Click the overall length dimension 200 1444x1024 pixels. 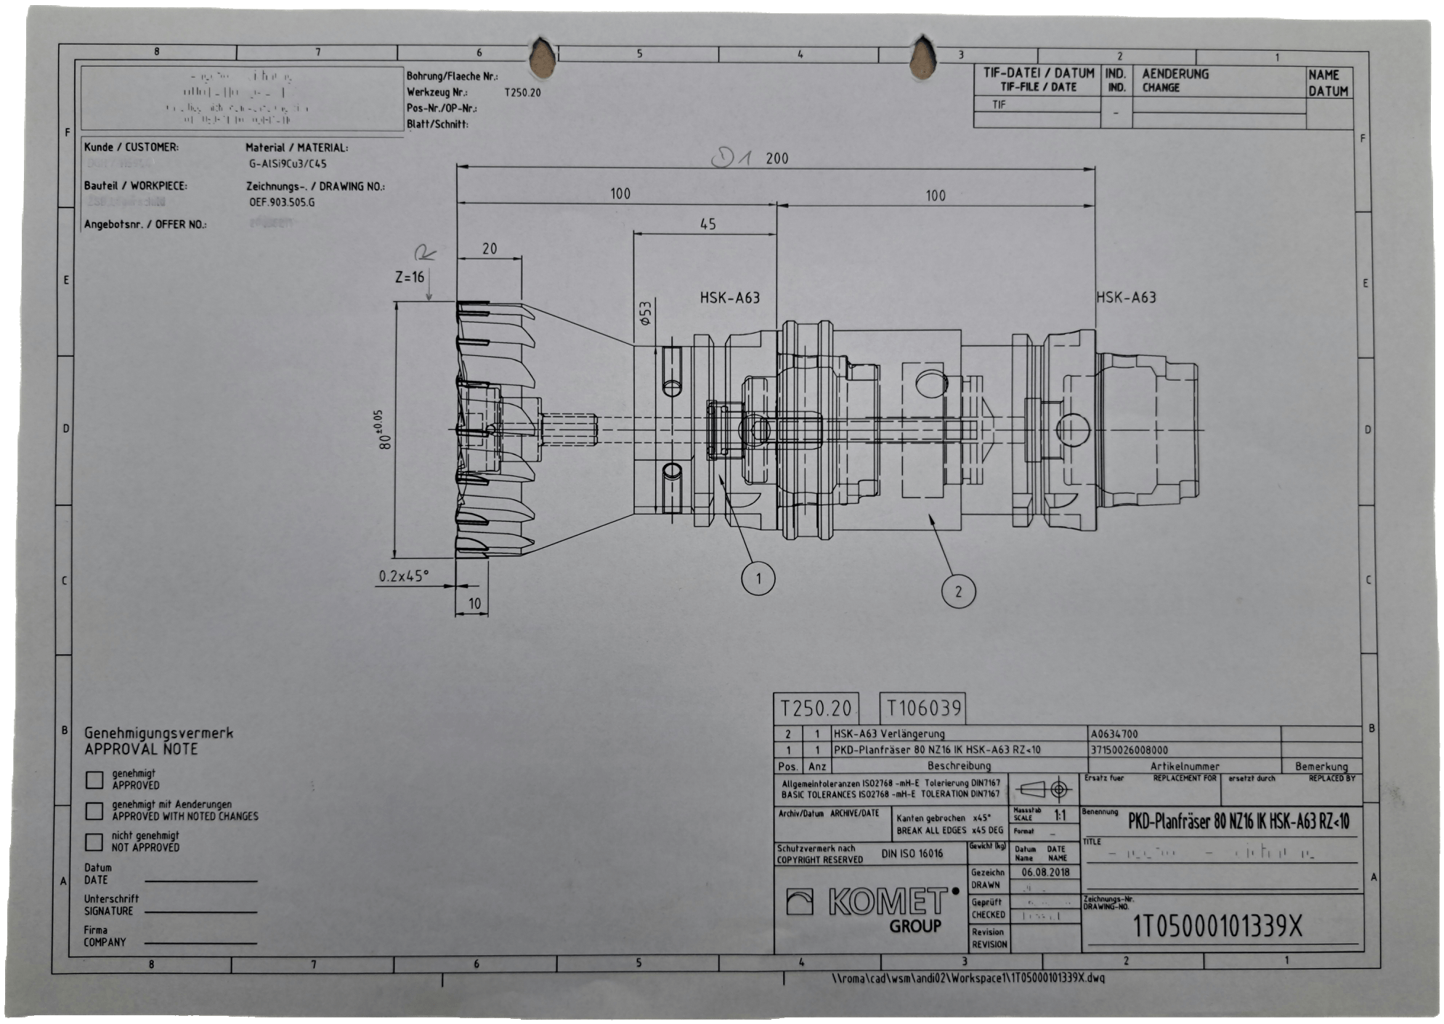[776, 158]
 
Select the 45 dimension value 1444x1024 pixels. [707, 225]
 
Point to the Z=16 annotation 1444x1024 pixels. [409, 277]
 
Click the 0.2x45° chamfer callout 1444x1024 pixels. [404, 576]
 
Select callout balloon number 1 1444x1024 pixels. [758, 579]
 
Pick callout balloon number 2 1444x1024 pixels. [957, 591]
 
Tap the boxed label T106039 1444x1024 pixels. [922, 707]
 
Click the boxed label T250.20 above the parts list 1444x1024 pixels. [815, 708]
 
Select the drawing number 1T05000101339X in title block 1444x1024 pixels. [1217, 927]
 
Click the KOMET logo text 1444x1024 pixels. [888, 903]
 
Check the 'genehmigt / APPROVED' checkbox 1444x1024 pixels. [94, 780]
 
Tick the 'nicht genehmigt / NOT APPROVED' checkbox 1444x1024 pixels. [94, 842]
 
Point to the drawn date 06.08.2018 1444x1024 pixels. [1045, 872]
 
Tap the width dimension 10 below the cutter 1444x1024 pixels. [474, 603]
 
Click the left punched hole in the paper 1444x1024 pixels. [542, 58]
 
